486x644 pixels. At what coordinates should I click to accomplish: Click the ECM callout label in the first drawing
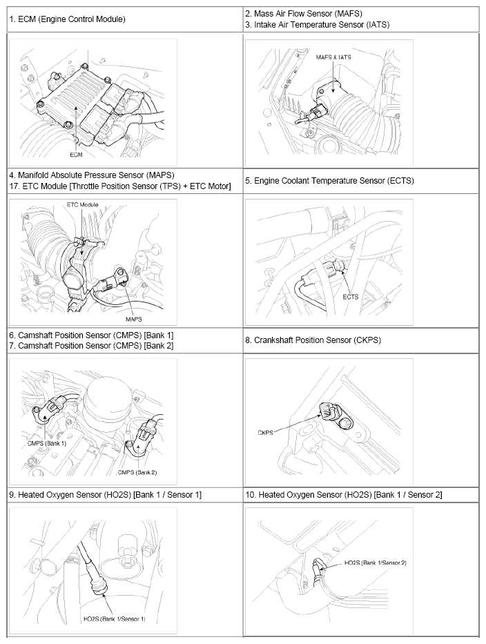pos(76,155)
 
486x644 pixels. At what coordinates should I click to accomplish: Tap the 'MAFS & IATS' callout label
pos(333,57)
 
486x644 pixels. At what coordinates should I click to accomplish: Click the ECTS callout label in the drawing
pos(351,297)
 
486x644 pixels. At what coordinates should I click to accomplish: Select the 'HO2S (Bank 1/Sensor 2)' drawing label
pos(376,563)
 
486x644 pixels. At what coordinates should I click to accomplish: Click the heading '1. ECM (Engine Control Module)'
pos(67,19)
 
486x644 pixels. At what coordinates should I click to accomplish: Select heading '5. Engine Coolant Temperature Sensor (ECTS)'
pos(334,181)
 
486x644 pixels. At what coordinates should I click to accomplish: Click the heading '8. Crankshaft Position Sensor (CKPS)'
pos(313,340)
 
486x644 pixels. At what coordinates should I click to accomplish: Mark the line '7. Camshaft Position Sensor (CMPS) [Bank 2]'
pos(91,345)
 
